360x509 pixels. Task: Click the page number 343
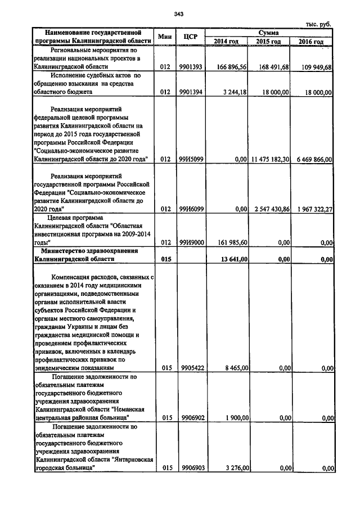(179, 13)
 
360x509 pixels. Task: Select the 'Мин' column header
(164, 37)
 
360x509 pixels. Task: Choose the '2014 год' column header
(227, 42)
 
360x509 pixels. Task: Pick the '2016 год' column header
(311, 42)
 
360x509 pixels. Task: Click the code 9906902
(191, 418)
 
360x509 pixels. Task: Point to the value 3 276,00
(236, 467)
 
